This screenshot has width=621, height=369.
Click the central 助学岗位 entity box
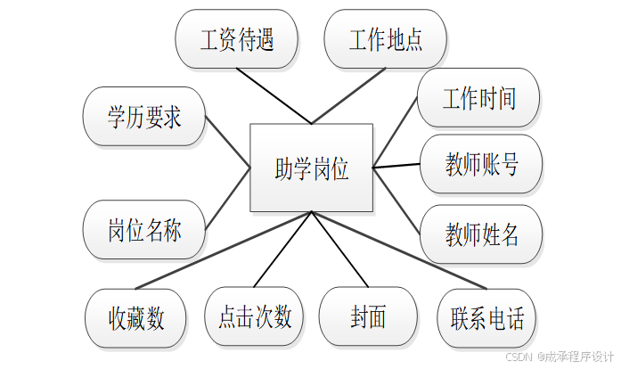click(311, 168)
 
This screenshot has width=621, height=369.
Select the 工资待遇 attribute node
click(237, 39)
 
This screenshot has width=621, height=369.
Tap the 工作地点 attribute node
click(385, 39)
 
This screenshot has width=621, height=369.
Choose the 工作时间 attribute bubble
click(479, 97)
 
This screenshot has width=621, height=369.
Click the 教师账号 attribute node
click(481, 164)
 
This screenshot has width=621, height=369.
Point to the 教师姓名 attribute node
click(481, 234)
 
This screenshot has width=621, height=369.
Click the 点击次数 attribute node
click(255, 316)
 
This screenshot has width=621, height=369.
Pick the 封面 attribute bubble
click(368, 316)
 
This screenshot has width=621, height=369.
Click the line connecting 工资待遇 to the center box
click(275, 97)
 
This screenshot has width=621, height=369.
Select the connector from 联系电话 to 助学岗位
click(398, 250)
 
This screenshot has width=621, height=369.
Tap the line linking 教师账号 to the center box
click(396, 165)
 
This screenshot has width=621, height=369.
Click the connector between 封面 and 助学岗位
click(339, 250)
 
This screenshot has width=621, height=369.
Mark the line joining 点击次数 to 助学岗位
click(283, 250)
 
